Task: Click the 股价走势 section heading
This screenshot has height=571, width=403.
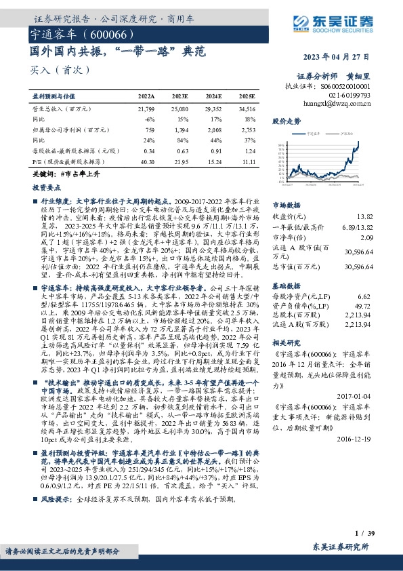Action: [x=286, y=121]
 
